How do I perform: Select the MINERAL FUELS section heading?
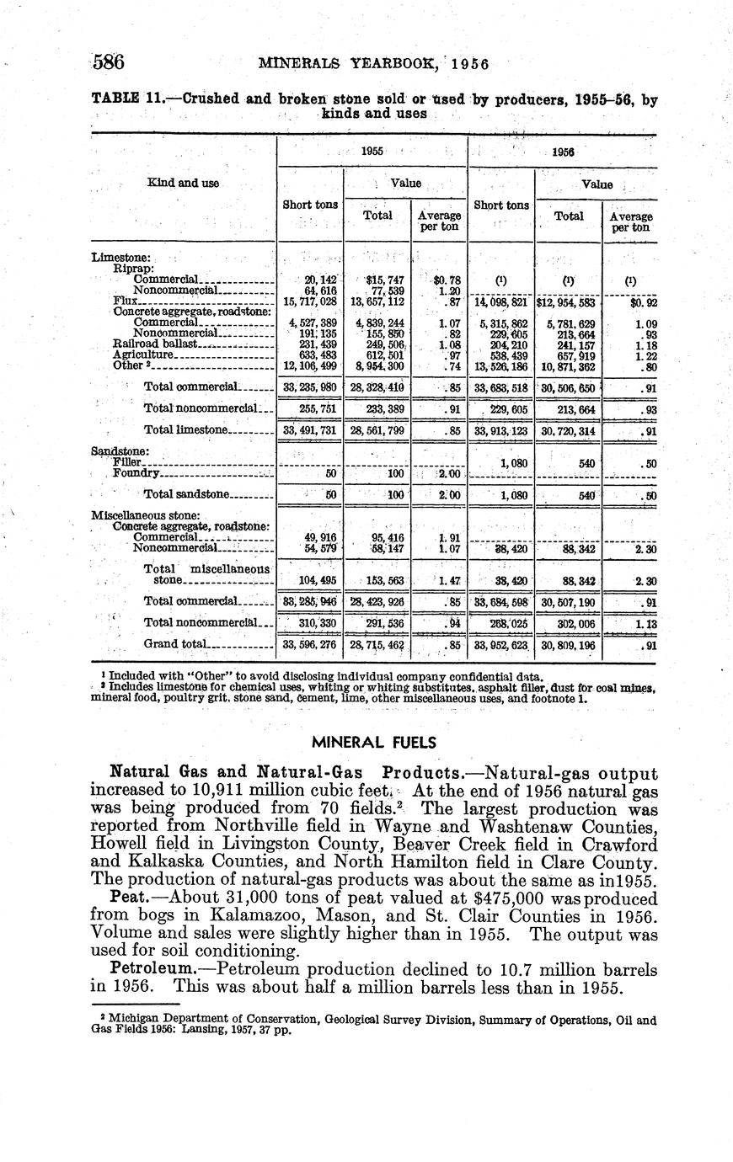(x=374, y=742)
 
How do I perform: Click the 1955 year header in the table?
(x=372, y=152)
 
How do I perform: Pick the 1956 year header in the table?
(x=563, y=152)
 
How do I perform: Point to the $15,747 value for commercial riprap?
(x=381, y=280)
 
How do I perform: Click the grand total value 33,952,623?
(x=500, y=645)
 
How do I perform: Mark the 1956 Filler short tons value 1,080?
(x=513, y=462)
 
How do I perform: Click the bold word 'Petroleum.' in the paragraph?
(x=154, y=969)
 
